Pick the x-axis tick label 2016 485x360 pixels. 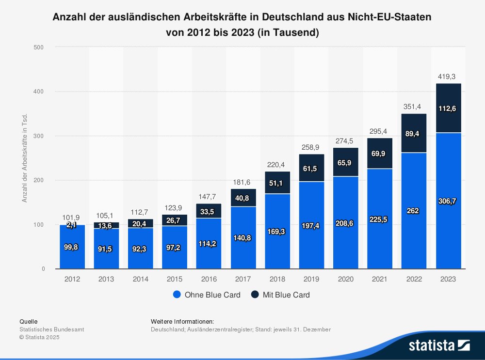[209, 280]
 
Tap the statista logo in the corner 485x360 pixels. [439, 345]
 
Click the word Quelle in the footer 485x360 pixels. [28, 321]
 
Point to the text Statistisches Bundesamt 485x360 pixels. [51, 329]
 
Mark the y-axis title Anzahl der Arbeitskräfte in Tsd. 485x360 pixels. [24, 158]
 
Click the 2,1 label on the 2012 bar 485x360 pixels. [72, 225]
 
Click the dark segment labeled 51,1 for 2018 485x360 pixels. [277, 183]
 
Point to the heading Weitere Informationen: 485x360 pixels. [182, 321]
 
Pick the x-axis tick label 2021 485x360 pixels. [380, 280]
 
